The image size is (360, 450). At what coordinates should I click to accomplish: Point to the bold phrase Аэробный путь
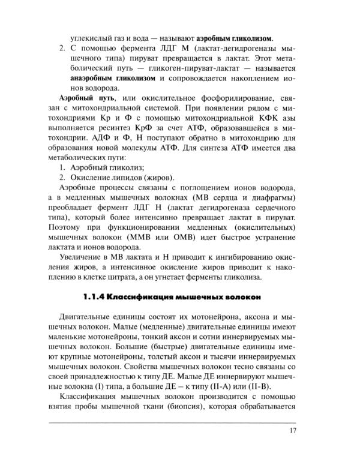(x=87, y=98)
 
